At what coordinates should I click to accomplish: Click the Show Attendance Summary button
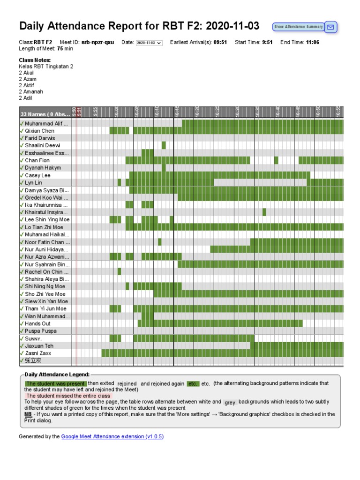point(298,27)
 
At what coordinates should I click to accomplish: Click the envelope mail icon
point(331,27)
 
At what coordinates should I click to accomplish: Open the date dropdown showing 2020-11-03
point(149,43)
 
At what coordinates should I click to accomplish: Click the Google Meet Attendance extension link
point(112,436)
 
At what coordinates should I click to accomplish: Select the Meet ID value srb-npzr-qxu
point(97,42)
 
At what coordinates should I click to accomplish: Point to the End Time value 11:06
point(313,42)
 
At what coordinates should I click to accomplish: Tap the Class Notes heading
point(35,60)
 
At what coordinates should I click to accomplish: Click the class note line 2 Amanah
point(30,92)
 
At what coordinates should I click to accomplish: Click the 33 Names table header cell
point(45,114)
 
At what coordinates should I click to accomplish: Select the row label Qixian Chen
point(39,131)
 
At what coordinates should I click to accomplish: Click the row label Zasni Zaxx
point(38,353)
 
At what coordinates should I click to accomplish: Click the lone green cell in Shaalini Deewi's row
point(164,145)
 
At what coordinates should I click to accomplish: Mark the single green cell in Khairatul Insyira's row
point(264,212)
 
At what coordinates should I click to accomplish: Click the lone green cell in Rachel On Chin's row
point(119,271)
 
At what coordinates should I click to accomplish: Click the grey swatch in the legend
point(230,403)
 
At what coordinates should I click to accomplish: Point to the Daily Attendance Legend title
point(57,375)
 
